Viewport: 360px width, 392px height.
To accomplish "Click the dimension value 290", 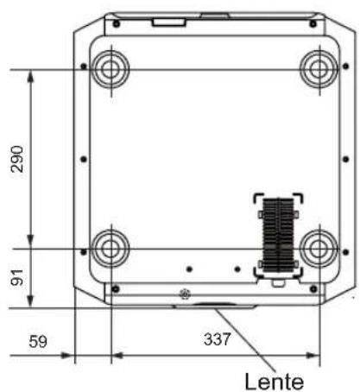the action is (x=16, y=159).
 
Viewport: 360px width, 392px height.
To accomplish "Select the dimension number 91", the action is (x=16, y=277).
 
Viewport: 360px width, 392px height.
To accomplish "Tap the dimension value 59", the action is (x=38, y=342).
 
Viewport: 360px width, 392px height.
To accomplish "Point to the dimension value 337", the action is (x=217, y=339).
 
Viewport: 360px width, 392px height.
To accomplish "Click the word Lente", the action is (x=274, y=382).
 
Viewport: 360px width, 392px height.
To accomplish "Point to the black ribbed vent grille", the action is (x=278, y=235).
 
